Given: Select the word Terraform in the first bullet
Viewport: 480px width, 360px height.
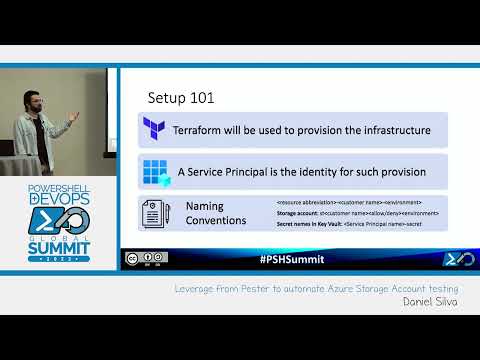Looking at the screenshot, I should tap(204, 130).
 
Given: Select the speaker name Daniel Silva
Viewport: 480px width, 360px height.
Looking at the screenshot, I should tap(429, 300).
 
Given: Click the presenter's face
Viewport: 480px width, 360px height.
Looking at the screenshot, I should tap(35, 98).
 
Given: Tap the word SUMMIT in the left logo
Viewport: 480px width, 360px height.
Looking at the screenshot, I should tap(59, 245).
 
